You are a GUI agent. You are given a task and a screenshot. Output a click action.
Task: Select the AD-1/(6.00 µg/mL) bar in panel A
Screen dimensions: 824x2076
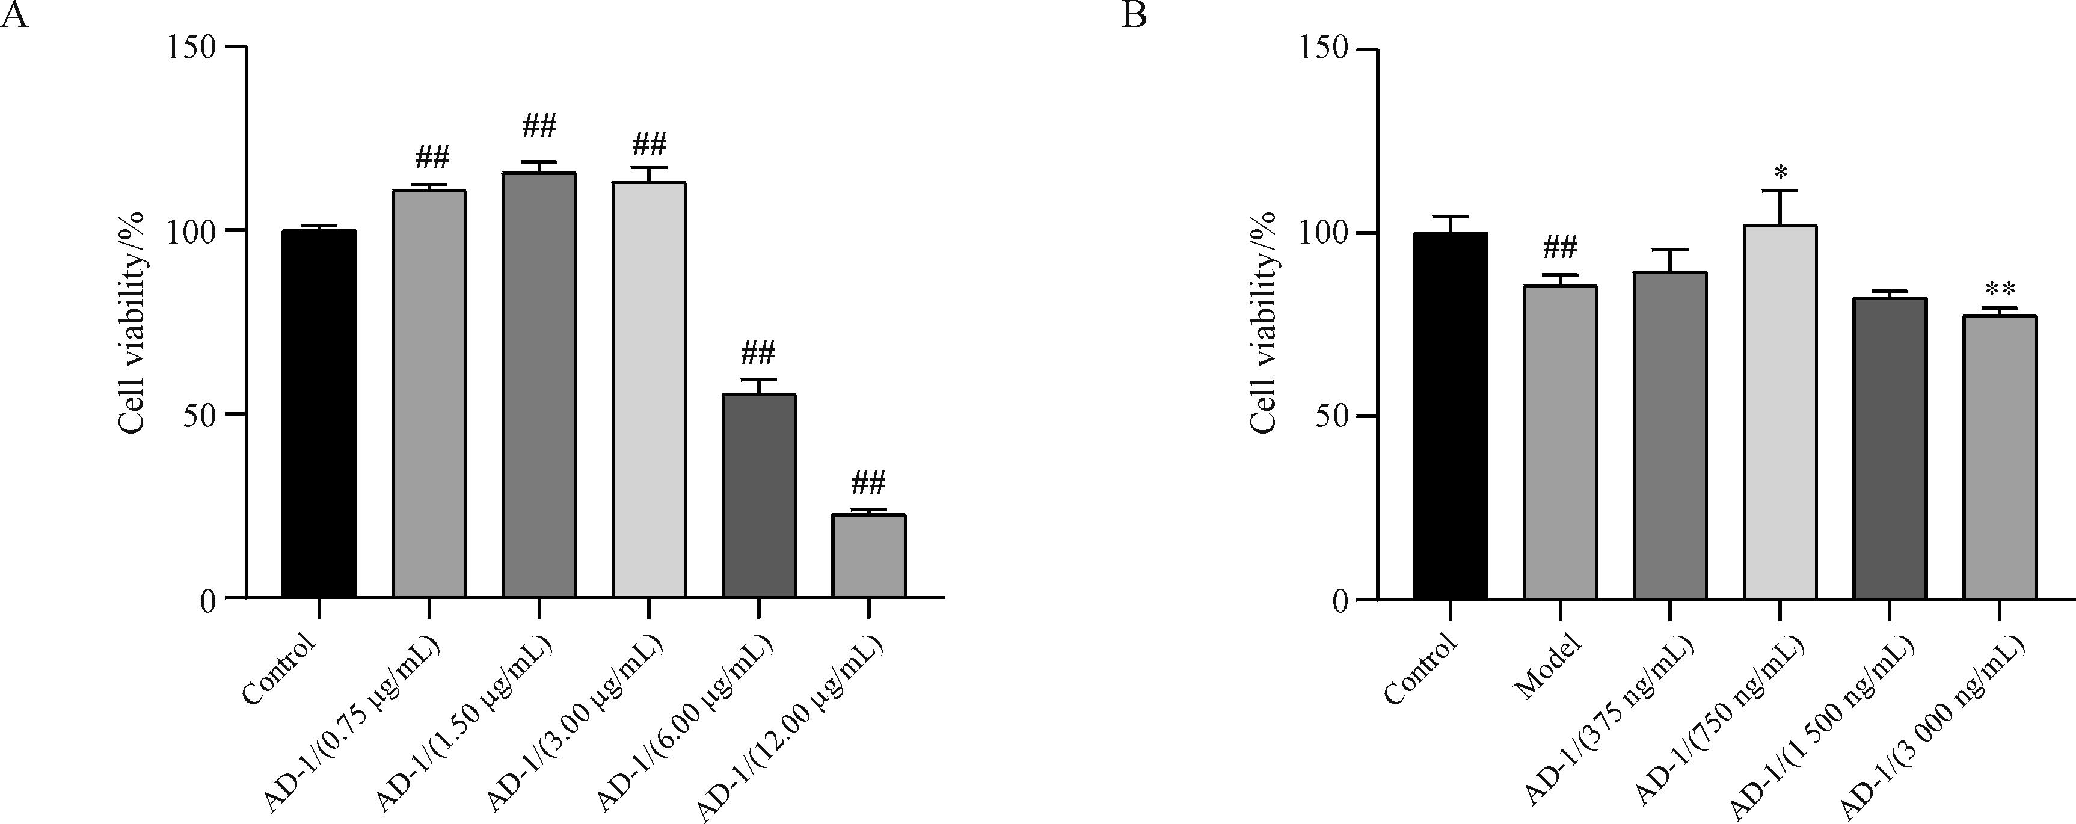tap(759, 496)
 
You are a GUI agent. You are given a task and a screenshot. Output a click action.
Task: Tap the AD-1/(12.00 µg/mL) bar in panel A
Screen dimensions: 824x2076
tap(869, 556)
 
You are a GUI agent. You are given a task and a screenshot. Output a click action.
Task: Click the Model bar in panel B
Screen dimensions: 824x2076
tap(1560, 443)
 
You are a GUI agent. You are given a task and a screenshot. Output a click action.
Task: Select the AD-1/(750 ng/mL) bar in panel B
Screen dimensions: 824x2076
tap(1780, 412)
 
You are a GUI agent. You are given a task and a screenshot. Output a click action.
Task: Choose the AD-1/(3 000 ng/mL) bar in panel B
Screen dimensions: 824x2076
tap(2000, 457)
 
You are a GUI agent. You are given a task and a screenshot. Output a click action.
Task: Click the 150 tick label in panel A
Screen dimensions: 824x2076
tap(192, 48)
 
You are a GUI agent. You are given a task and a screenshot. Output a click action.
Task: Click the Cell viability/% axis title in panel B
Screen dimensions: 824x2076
tap(1264, 322)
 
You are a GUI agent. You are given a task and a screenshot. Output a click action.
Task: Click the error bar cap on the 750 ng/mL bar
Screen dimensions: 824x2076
tap(1780, 191)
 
